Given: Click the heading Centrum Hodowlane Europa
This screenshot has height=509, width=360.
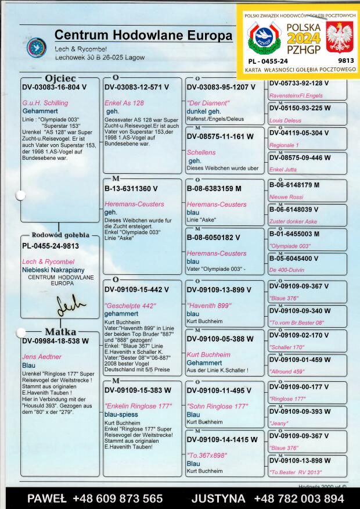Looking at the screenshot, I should (143, 35).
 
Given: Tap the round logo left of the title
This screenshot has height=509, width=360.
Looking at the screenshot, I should (37, 48).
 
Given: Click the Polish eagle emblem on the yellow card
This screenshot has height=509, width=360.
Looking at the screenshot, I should (339, 37).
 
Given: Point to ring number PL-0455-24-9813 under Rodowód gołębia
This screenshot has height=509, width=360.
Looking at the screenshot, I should (51, 246).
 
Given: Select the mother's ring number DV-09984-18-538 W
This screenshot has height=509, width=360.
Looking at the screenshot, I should (55, 341).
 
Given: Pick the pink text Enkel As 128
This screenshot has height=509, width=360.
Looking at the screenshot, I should (124, 103).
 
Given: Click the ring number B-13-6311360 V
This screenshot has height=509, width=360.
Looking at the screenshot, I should (131, 189).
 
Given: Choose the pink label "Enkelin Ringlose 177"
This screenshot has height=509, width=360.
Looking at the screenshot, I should (138, 406).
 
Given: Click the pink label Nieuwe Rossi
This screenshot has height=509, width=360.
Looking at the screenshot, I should (286, 197).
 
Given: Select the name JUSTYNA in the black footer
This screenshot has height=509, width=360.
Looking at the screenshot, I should (218, 499).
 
